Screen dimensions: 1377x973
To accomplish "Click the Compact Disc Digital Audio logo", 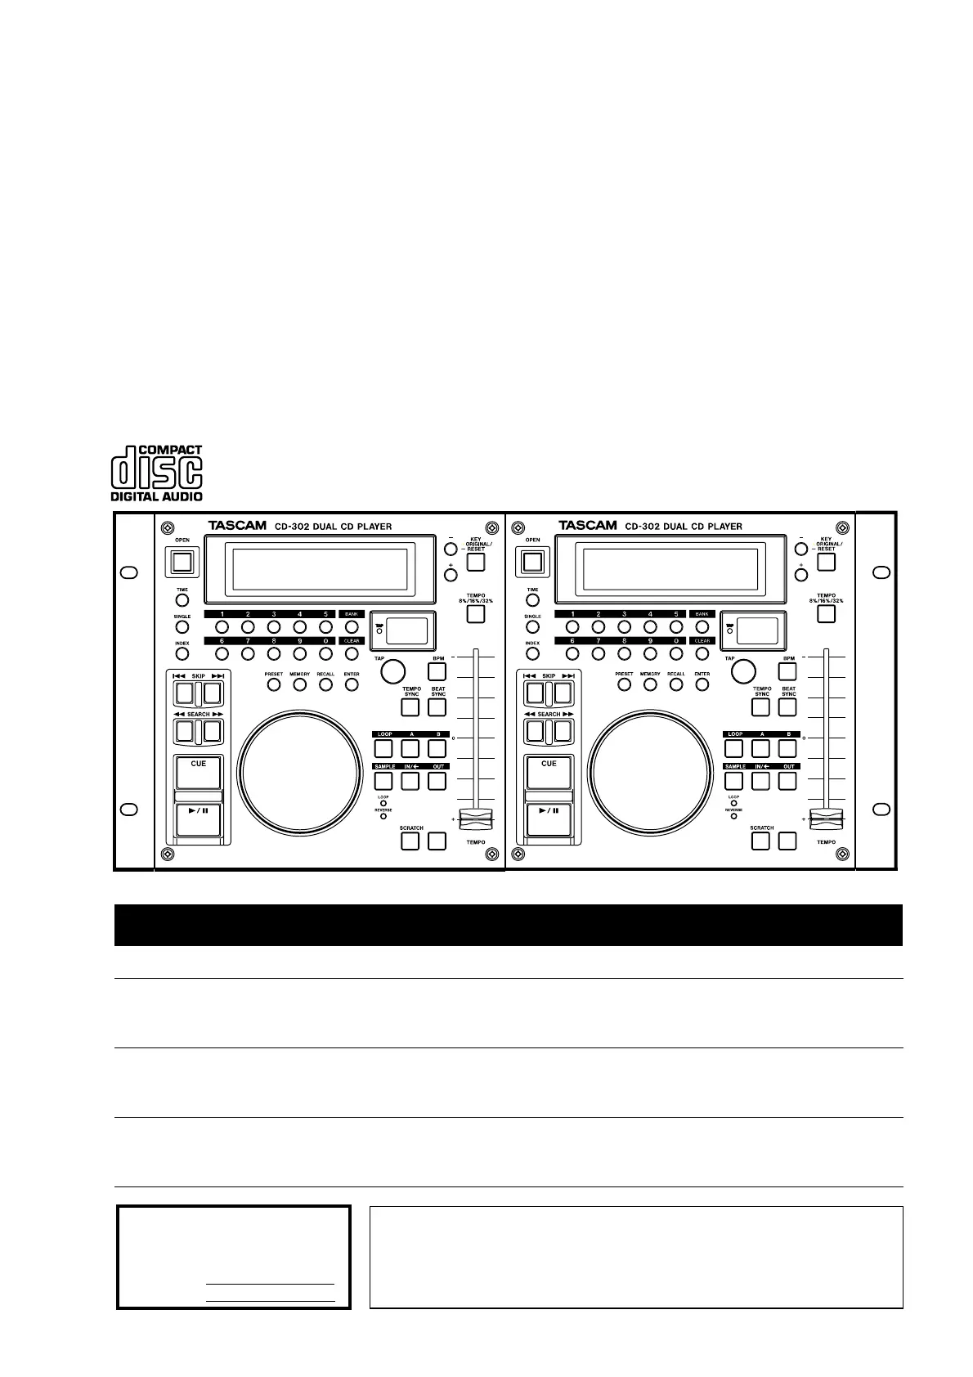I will pos(156,473).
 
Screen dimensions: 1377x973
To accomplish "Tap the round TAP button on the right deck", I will pos(742,671).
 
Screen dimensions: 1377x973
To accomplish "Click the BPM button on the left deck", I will pos(437,671).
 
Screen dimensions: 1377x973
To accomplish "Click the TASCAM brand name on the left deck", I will pos(237,526).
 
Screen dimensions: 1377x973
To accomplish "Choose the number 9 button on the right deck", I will pos(650,654).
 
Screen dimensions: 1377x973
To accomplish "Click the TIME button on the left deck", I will pos(182,600).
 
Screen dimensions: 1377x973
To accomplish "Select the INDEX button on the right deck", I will pos(532,654).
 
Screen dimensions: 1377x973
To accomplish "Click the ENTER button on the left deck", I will pos(352,684).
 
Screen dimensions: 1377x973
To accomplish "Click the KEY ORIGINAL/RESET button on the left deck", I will pos(475,562).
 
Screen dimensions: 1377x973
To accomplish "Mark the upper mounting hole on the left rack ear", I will pos(128,572).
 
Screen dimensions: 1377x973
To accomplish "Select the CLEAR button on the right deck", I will pos(702,654).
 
